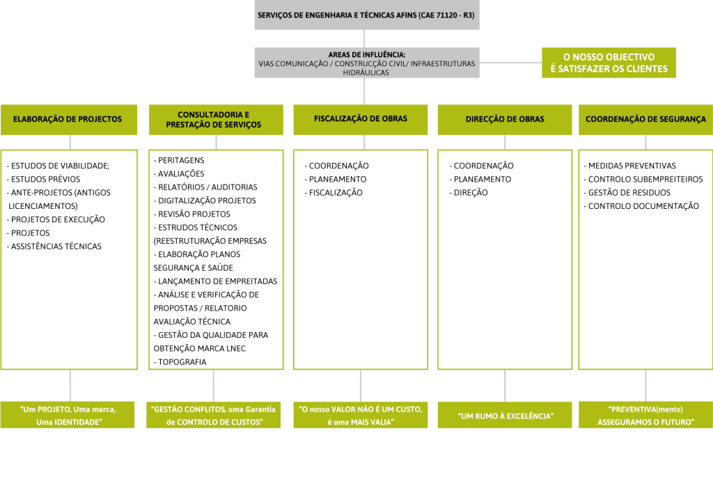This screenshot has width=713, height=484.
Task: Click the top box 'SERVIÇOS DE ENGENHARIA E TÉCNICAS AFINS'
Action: point(366,15)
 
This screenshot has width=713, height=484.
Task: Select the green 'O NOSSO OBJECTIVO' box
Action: point(609,63)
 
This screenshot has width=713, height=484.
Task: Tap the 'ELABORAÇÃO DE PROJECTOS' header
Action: point(68,119)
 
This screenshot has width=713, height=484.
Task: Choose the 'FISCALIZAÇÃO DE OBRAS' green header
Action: point(360,119)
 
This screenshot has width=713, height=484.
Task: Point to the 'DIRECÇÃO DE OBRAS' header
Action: point(505,119)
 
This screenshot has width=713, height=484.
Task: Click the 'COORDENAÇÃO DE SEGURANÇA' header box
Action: point(645,119)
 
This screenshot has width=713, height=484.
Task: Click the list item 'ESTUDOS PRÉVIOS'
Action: point(46,179)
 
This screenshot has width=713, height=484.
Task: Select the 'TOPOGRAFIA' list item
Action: point(182,362)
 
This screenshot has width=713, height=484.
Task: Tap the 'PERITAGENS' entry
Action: point(181,160)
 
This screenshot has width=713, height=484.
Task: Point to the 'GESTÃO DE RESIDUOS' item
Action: point(629,193)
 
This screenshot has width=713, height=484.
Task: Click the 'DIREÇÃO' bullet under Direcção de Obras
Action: point(471,193)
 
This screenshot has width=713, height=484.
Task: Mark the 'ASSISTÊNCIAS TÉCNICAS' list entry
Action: point(56,247)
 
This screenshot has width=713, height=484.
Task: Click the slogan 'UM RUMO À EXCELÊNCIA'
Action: point(505,416)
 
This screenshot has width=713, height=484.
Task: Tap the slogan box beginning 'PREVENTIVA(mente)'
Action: point(645,415)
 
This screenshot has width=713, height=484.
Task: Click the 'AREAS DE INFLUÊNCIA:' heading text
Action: point(366,54)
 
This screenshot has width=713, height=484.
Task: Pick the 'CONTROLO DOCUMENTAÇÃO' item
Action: point(643,206)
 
